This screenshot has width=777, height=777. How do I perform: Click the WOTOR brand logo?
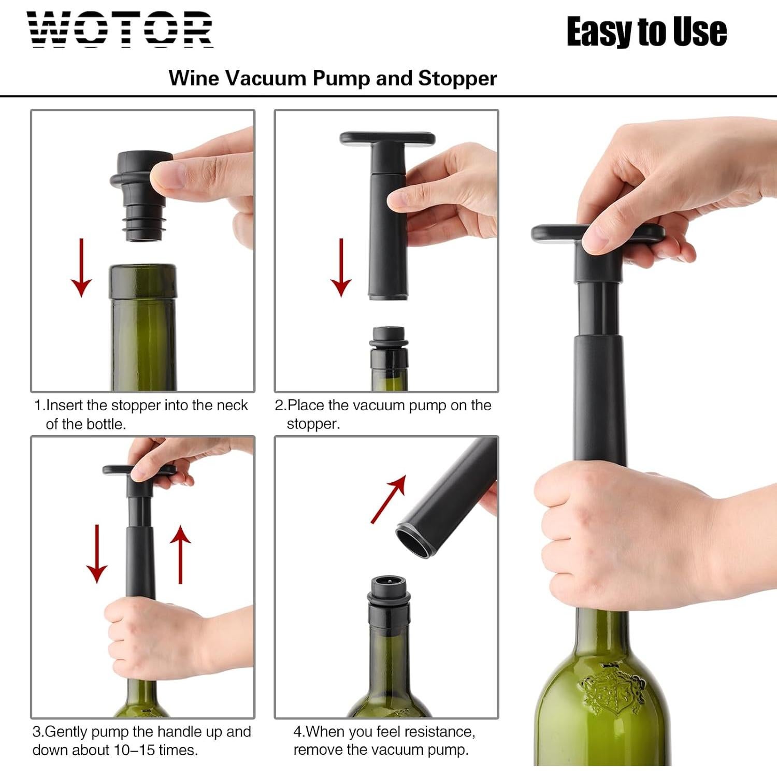(x=120, y=30)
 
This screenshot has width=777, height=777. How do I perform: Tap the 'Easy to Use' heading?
(x=646, y=32)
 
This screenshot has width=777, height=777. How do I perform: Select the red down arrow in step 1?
(x=81, y=268)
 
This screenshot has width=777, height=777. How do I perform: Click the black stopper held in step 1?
(x=139, y=194)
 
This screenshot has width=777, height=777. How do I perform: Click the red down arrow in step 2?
(x=341, y=268)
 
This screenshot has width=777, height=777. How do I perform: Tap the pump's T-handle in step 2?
(x=387, y=139)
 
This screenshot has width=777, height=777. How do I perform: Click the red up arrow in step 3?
(x=180, y=554)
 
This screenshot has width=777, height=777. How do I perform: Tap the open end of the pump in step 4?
(x=417, y=541)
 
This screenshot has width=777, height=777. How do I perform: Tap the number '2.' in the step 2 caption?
(x=280, y=406)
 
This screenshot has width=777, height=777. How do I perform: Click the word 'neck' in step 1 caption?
(x=232, y=406)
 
